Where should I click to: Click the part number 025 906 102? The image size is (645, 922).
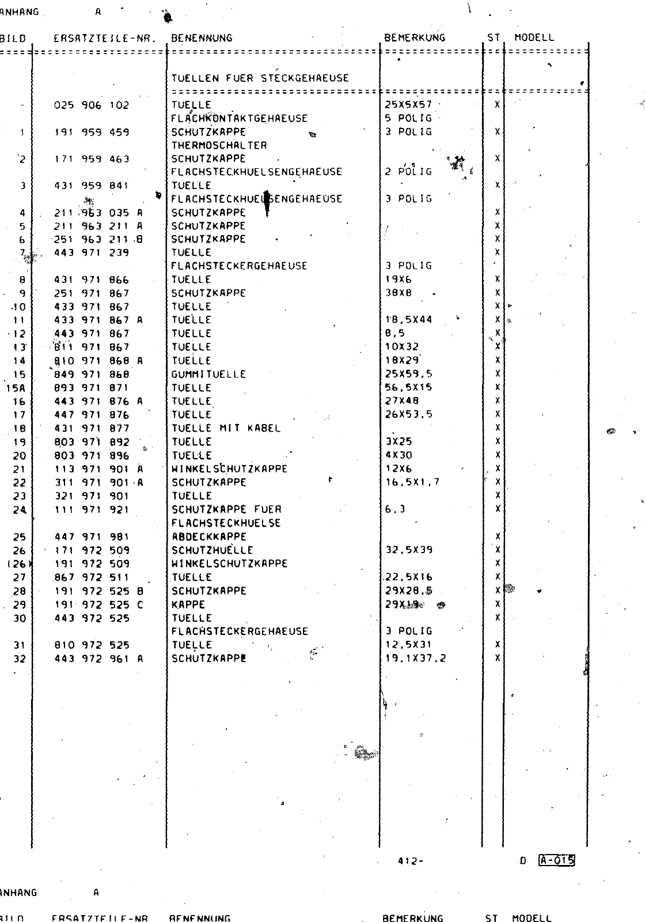[x=92, y=105]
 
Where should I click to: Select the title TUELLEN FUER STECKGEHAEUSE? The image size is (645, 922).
[x=260, y=78]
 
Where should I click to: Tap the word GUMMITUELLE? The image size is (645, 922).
[x=208, y=374]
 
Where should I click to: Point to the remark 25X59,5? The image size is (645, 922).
[x=409, y=374]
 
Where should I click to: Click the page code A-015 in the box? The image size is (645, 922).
[x=556, y=860]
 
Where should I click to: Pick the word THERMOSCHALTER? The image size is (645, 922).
[x=219, y=145]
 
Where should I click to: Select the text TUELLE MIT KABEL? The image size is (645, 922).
[x=226, y=428]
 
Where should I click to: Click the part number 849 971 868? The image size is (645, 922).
[x=92, y=374]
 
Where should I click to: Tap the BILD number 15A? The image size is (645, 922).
[x=16, y=388]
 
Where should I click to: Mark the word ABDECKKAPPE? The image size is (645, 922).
[x=208, y=536]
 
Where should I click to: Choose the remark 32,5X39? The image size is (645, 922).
[x=409, y=550]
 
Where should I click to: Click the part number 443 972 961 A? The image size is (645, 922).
[x=98, y=659]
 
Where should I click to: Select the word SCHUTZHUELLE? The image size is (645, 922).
[x=212, y=550]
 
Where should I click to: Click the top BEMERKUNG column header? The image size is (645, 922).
[x=415, y=38]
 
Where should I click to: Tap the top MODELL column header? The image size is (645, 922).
[x=534, y=38]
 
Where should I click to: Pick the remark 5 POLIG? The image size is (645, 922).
[x=408, y=118]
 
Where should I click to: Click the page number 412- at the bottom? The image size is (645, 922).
[x=410, y=861]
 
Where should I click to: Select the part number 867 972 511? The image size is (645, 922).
[x=92, y=577]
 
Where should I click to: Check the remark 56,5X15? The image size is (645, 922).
[x=409, y=387]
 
